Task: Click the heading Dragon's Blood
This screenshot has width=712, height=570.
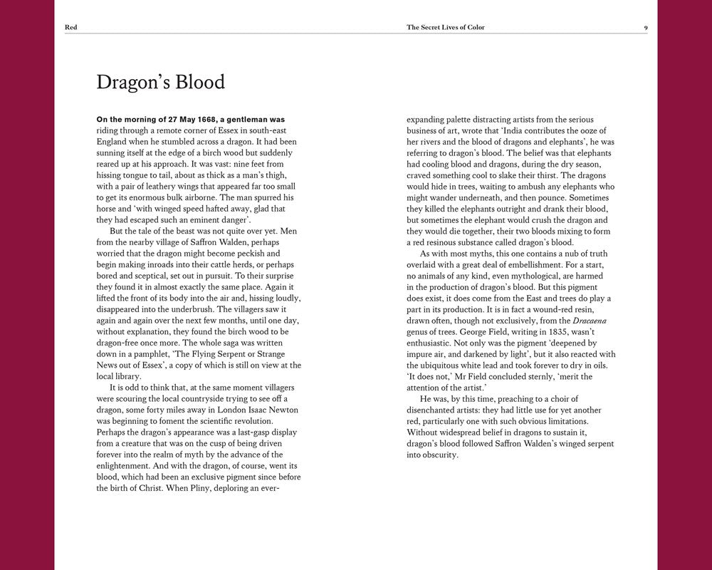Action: point(160,83)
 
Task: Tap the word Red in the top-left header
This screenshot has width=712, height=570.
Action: point(70,28)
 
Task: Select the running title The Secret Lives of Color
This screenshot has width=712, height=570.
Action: point(450,28)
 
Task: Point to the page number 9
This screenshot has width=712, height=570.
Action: point(645,28)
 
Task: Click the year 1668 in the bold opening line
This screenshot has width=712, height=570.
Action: point(188,120)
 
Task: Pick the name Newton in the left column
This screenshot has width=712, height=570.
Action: point(279,410)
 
